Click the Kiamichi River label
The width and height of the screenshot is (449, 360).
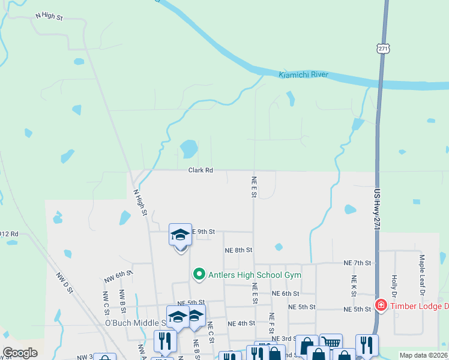303,75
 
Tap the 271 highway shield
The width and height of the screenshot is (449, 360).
383,49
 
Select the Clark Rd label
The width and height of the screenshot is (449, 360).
200,170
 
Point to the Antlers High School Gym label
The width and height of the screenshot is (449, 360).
254,275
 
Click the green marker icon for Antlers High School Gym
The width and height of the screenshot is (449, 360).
200,274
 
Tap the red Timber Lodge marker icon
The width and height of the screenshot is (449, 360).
381,305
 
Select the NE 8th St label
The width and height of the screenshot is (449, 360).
238,250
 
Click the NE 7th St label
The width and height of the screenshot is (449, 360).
358,263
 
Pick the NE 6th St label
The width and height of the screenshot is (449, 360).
285,293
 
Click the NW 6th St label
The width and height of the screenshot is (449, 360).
118,277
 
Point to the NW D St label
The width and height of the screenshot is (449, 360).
64,283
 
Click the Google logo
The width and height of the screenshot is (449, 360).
20,353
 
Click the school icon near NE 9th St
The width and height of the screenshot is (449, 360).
180,235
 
